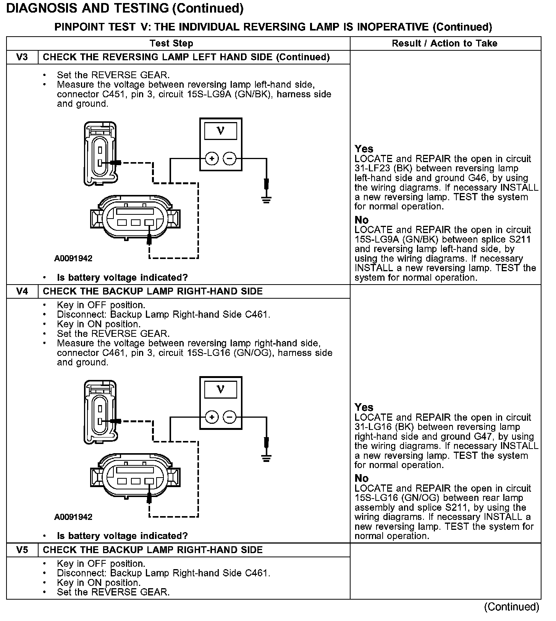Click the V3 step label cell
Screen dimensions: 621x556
click(22, 57)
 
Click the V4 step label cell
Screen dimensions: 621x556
click(22, 291)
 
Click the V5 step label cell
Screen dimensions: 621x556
click(22, 550)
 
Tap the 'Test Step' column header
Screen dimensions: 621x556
click(171, 43)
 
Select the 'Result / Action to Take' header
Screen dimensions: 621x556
click(444, 43)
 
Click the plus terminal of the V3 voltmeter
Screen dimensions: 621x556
click(212, 158)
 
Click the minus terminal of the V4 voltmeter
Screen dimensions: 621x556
click(230, 417)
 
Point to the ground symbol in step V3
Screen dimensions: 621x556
click(267, 199)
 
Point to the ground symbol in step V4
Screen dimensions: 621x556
click(267, 457)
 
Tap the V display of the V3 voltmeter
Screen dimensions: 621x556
click(220, 131)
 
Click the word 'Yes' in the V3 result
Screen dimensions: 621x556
click(364, 149)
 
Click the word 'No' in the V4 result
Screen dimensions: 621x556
click(362, 478)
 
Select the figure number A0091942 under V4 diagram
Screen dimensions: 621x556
click(73, 517)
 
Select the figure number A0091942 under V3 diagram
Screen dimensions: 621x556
click(73, 259)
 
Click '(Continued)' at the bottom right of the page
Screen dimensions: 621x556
click(511, 607)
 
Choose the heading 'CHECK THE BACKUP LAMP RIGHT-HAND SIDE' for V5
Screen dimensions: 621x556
click(153, 550)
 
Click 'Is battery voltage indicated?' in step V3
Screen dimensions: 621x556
click(122, 278)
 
